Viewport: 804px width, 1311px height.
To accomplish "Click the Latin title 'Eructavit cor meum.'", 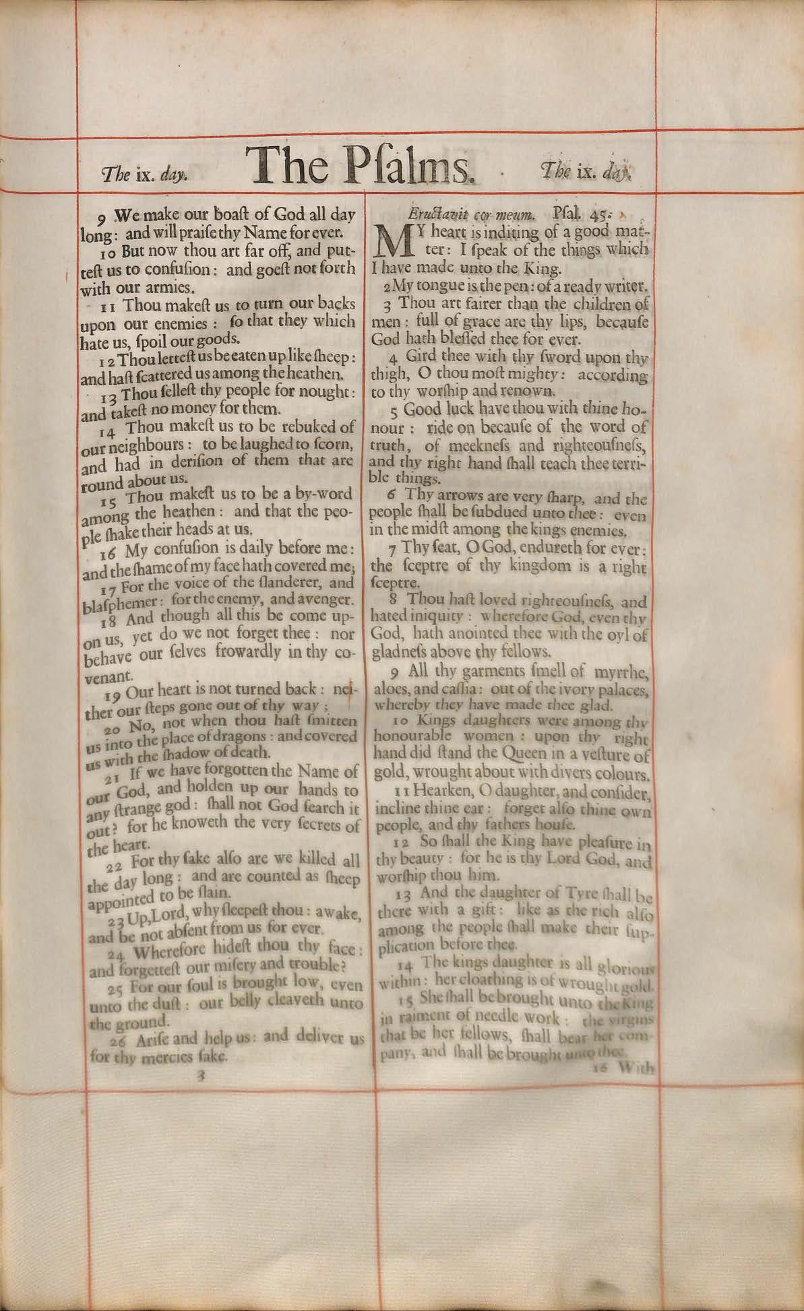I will pos(472,215).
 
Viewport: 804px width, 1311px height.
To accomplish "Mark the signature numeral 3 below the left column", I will pos(199,1077).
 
